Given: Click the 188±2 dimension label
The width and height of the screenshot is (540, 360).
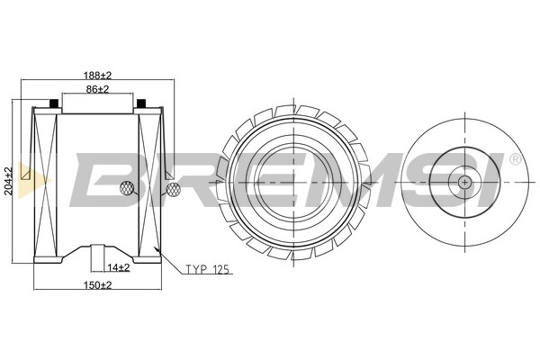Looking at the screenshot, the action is click(x=98, y=75).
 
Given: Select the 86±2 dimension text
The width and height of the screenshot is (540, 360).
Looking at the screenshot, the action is click(x=97, y=89).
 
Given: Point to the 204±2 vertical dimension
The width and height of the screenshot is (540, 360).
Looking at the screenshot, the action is click(x=8, y=181).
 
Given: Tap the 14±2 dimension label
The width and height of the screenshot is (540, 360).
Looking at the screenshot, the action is click(x=119, y=267).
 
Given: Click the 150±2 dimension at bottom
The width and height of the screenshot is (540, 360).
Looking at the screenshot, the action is click(x=98, y=285).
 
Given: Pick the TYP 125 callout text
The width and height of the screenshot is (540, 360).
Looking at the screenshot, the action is click(x=207, y=269).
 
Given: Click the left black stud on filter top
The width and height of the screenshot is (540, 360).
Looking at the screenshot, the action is click(x=53, y=103).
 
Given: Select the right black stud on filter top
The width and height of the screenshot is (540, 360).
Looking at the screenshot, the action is click(x=141, y=103).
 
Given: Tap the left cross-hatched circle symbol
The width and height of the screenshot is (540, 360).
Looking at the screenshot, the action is click(x=126, y=188).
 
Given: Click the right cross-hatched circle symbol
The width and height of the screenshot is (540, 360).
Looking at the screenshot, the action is click(x=173, y=190).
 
